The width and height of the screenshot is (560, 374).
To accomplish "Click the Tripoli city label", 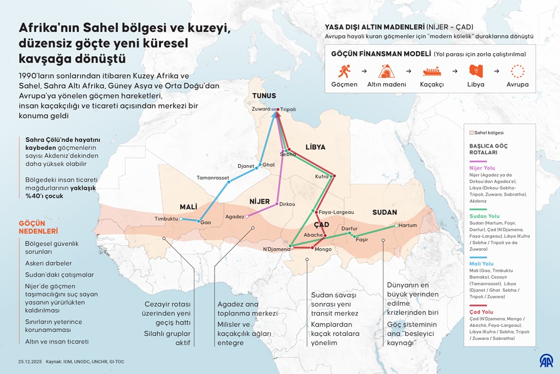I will click(288, 109).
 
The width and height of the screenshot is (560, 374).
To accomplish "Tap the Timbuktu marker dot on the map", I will click(181, 219).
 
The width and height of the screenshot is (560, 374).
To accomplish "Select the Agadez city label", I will click(234, 217).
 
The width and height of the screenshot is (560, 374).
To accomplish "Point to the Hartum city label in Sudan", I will click(408, 225).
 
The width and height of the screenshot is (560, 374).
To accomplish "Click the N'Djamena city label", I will click(276, 249).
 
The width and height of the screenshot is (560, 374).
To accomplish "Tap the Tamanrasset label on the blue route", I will click(212, 177).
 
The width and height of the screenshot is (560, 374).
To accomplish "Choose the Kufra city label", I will click(322, 176).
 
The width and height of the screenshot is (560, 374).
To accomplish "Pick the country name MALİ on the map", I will click(188, 206).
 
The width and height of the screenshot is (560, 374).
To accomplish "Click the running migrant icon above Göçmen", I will click(344, 71).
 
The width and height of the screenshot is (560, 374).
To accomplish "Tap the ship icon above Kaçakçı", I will click(431, 71).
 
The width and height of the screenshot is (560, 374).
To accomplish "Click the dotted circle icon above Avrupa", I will click(517, 71).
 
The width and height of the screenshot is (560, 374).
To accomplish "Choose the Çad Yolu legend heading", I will click(481, 312).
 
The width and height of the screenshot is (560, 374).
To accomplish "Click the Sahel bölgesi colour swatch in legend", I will click(471, 133).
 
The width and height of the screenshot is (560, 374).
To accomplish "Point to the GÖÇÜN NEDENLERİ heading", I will click(38, 227).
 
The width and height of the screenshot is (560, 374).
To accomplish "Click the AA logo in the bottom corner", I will click(545, 360).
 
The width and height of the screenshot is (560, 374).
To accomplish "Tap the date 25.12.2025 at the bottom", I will click(29, 361).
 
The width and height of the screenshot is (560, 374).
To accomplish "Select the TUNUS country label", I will click(264, 96).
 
